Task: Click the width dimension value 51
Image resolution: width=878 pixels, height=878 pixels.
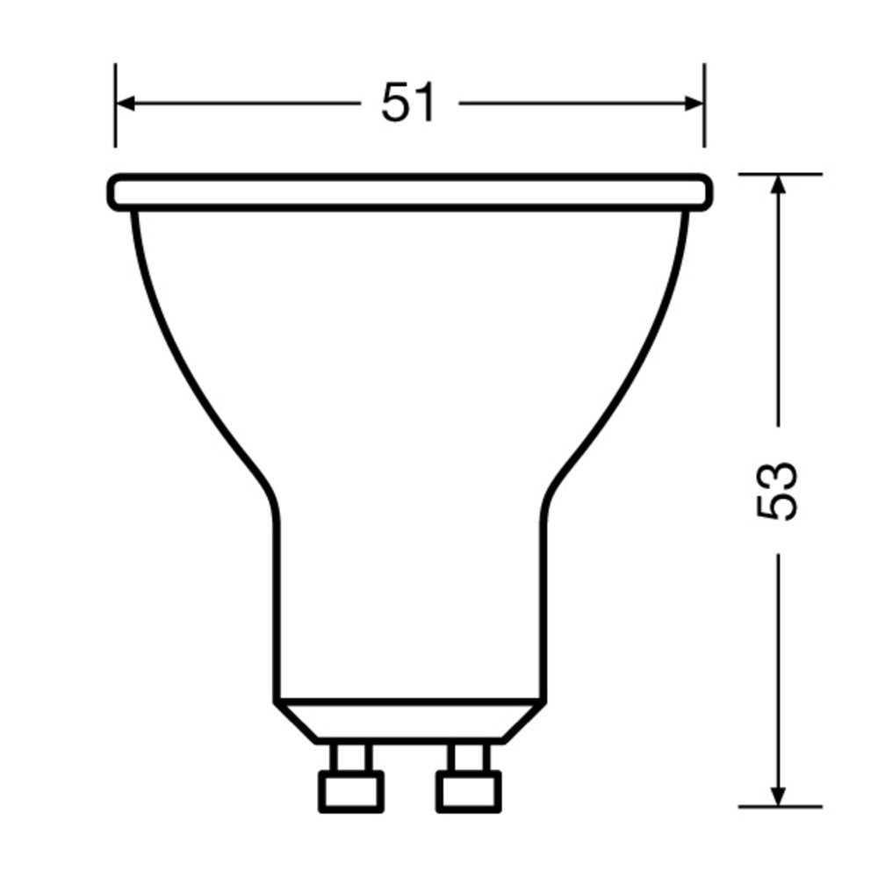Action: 408,104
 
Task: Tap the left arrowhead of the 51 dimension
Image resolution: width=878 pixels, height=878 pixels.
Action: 125,104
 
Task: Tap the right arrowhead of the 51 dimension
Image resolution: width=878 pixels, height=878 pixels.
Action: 694,104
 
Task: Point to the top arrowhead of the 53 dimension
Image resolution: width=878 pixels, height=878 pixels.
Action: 778,184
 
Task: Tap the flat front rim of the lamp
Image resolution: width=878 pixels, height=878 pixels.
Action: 409,192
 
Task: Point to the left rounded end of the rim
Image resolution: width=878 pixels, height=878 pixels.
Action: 113,192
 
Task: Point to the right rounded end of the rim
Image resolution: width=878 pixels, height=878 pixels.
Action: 705,192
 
